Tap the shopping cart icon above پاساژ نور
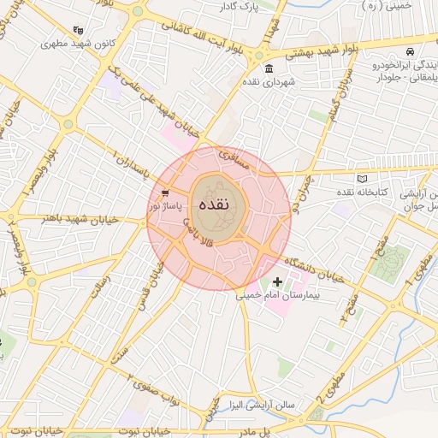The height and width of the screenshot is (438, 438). tap(164, 193)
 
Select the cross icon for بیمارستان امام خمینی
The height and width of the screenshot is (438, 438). tap(277, 281)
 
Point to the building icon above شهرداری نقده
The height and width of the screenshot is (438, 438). tap(269, 68)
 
